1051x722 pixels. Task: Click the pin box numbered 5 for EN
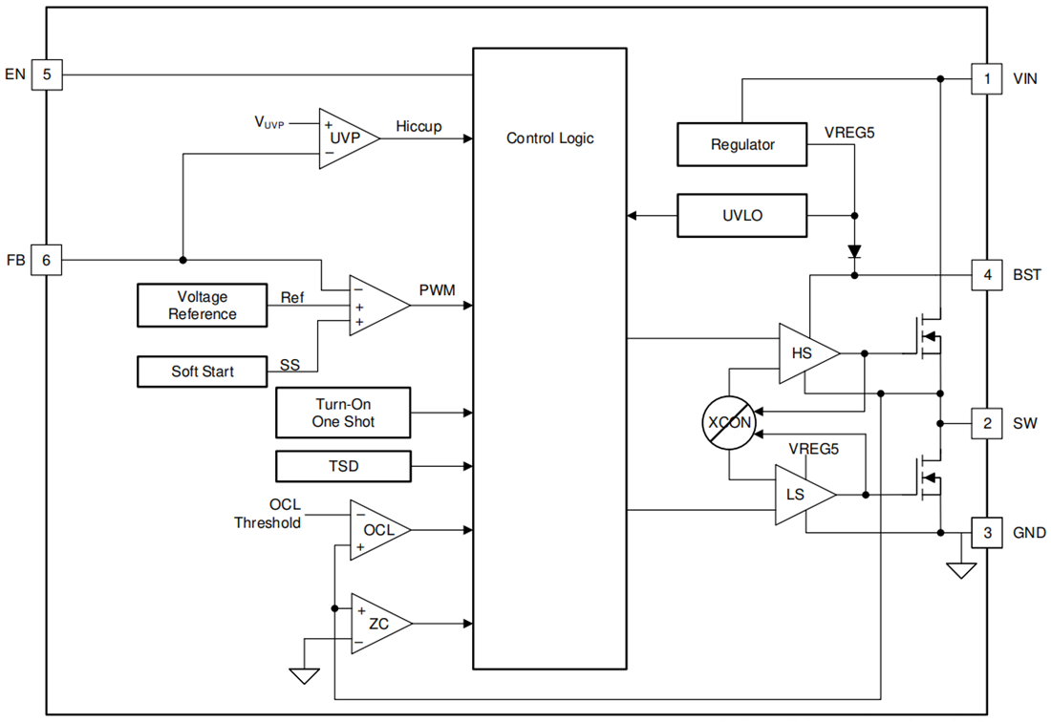coord(47,74)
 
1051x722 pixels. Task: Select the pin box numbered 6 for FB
coord(47,259)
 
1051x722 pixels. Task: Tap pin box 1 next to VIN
coord(987,78)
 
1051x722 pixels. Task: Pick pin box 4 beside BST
coord(987,275)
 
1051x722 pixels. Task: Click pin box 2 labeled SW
coord(987,423)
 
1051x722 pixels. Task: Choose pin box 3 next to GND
coord(987,533)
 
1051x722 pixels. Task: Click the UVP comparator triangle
coord(344,138)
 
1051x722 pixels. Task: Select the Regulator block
coord(742,144)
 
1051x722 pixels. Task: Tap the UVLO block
coord(742,216)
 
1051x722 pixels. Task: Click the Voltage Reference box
coord(202,306)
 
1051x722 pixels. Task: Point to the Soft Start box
coord(202,371)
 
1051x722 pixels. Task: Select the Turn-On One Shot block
coord(343,413)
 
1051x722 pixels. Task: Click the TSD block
coord(343,466)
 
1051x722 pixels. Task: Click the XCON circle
coord(729,421)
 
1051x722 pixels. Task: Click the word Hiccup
coord(418,126)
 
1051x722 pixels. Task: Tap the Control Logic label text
coord(549,138)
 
